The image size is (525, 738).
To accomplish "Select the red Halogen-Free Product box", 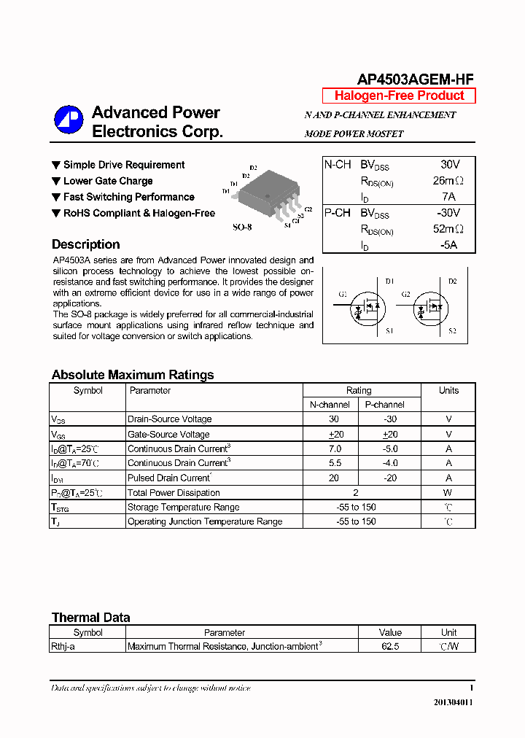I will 399,96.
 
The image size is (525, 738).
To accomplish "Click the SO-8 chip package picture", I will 268,193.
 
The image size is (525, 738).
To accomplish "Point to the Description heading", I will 86,244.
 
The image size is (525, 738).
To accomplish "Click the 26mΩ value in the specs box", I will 448,181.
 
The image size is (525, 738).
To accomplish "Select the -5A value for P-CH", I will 448,245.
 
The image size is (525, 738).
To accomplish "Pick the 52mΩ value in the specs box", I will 448,229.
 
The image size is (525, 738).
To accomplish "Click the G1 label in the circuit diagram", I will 343,295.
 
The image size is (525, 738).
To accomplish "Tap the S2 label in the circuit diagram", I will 452,332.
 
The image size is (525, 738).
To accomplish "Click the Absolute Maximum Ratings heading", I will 133,375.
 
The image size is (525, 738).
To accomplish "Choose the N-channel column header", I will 330,405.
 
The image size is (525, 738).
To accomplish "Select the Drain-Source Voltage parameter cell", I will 170,419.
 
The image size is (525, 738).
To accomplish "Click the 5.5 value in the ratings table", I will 334,463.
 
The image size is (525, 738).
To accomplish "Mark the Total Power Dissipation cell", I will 174,493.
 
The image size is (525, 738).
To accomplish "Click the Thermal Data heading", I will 91,618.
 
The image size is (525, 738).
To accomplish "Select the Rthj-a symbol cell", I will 63,646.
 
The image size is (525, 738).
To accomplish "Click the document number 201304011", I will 454,702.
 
